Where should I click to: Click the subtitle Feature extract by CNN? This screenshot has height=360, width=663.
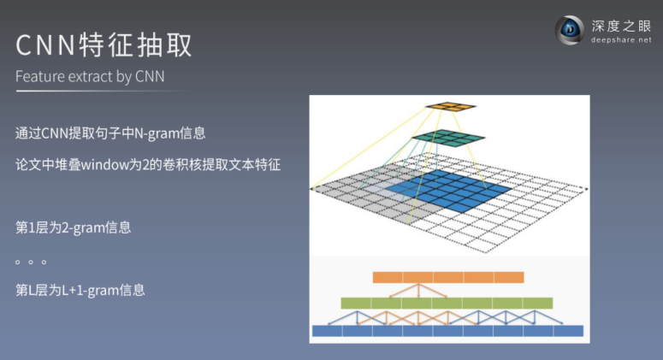(90, 76)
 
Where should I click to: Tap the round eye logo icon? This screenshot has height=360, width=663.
(569, 31)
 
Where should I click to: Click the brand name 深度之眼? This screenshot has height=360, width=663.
(622, 26)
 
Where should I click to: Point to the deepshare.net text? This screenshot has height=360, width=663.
(621, 40)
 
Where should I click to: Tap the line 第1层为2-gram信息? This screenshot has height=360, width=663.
(74, 228)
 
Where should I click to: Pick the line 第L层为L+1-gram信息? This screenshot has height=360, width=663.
(80, 290)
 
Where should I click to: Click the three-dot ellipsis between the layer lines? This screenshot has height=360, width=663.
(31, 261)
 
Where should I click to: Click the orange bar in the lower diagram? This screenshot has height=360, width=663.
(448, 277)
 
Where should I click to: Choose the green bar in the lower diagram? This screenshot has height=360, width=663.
(447, 303)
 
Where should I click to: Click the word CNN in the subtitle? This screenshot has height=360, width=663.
(150, 76)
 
